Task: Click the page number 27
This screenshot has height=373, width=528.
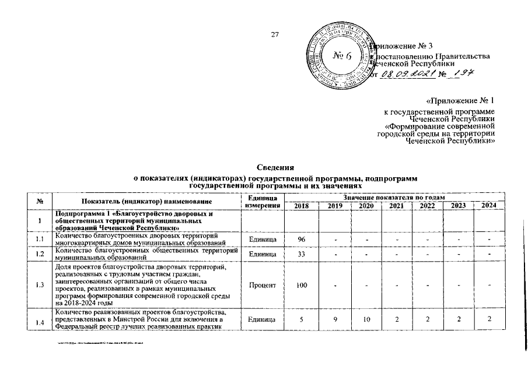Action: pyautogui.click(x=275, y=34)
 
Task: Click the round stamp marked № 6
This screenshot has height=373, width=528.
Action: pyautogui.click(x=340, y=56)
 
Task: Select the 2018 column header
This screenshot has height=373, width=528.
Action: pyautogui.click(x=302, y=206)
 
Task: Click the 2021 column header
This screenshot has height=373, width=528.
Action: pyautogui.click(x=396, y=206)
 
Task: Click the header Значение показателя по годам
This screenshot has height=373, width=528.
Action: pyautogui.click(x=395, y=198)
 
